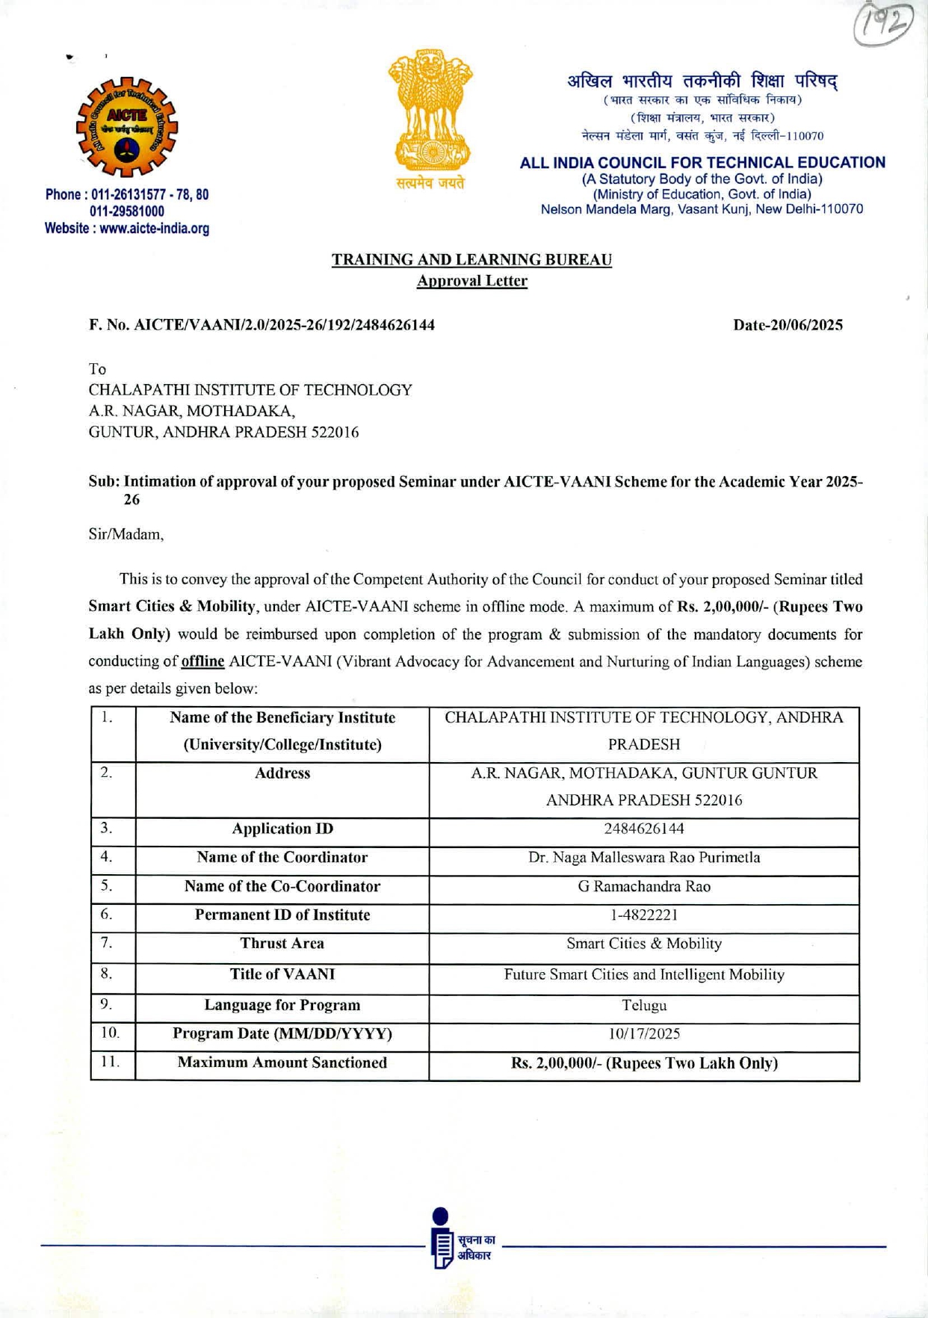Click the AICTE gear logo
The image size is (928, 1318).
pos(127,127)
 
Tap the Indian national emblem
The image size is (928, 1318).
pos(430,112)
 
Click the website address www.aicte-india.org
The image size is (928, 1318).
pos(127,229)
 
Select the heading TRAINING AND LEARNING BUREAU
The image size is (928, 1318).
pos(471,260)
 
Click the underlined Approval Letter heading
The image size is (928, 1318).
pos(471,281)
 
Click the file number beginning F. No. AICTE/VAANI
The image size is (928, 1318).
pos(262,325)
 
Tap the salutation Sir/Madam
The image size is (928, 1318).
pos(126,534)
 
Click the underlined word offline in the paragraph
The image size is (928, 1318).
pos(202,662)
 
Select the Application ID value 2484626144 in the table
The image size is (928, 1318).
pos(644,829)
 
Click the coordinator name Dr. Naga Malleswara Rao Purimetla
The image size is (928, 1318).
pos(644,858)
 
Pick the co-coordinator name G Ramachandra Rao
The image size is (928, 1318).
pos(644,887)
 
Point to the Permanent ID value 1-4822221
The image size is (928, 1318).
pos(644,915)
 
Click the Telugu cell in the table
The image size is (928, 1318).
pos(644,1006)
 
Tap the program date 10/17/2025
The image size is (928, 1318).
pos(644,1034)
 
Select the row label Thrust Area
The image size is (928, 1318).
pos(282,944)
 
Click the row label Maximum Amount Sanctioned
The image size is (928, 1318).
pos(282,1063)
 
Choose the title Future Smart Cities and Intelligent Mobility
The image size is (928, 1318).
pos(644,975)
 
